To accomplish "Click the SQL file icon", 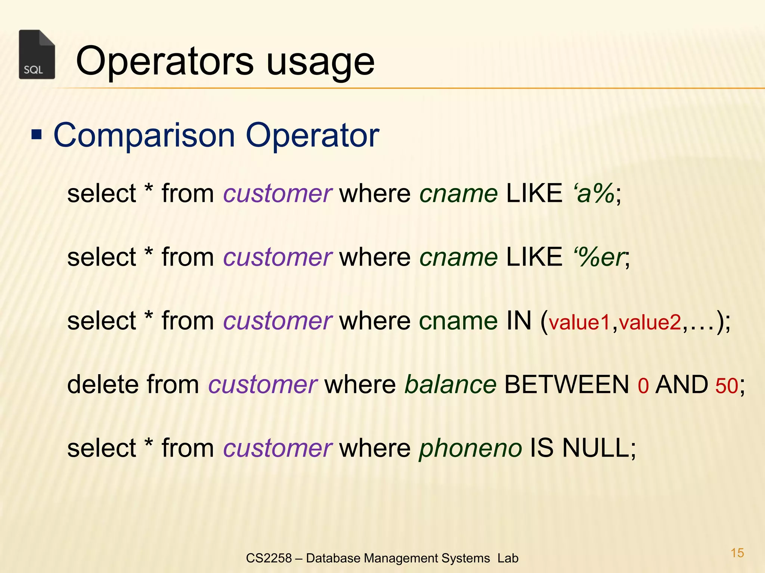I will click(37, 54).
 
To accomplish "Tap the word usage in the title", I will click(320, 63).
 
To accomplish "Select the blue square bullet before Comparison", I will click(37, 134).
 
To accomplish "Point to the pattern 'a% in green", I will click(594, 194).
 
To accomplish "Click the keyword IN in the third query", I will click(519, 321).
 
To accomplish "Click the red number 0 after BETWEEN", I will click(643, 386).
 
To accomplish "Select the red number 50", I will click(727, 386).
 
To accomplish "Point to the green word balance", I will click(450, 385).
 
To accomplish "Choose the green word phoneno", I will click(470, 448).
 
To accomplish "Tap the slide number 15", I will click(737, 553).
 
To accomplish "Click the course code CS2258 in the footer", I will click(269, 558).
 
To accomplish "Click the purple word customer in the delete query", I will click(263, 385).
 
